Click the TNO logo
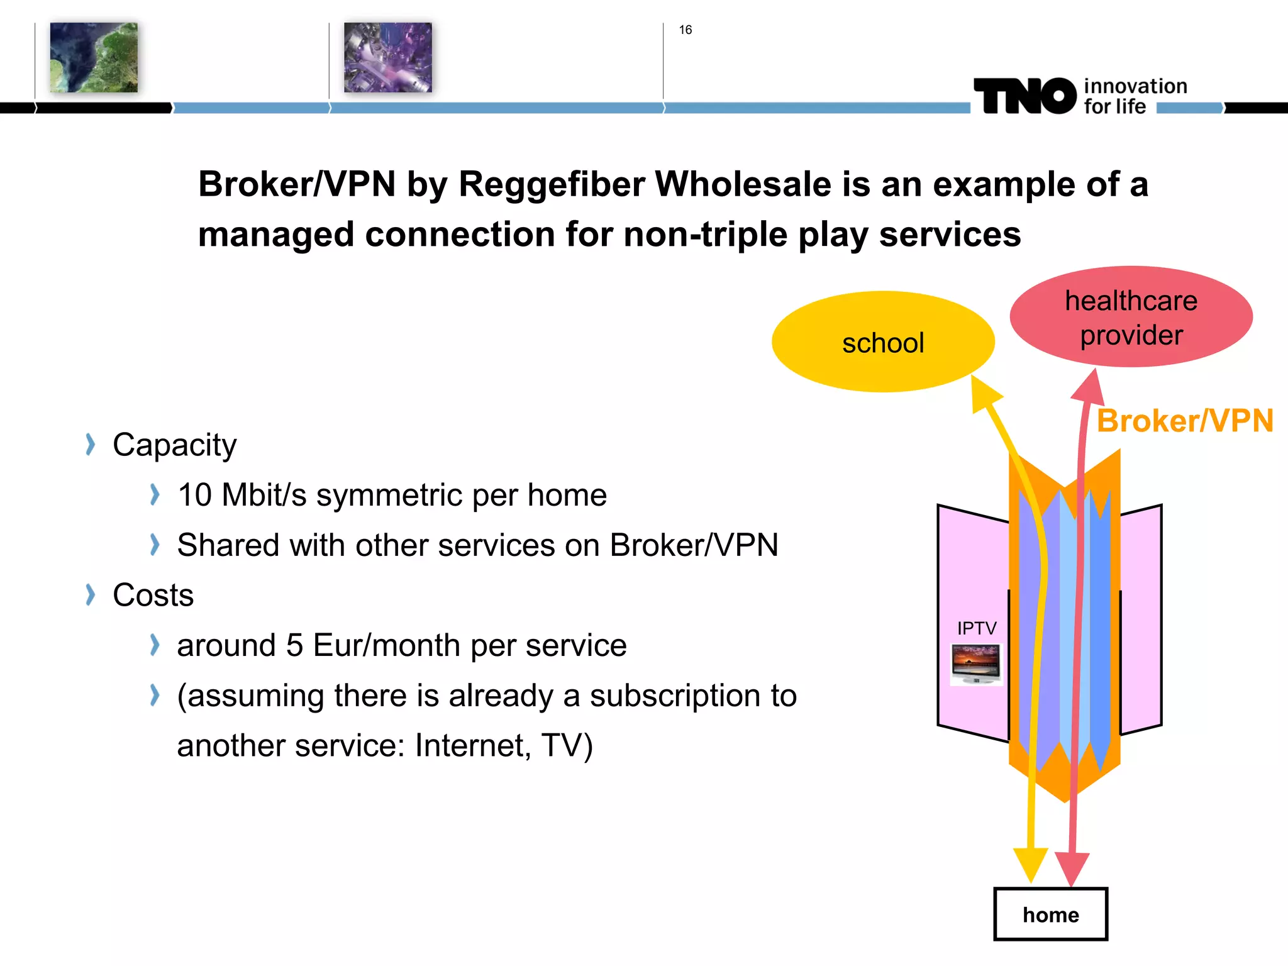(1025, 96)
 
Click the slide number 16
(685, 30)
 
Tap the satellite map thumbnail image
(94, 57)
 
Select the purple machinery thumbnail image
(387, 57)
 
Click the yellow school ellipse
(882, 341)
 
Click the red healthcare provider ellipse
(1131, 317)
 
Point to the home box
(1050, 914)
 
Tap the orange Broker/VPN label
(1185, 421)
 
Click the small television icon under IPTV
(975, 664)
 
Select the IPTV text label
(977, 628)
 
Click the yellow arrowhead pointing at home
(1030, 865)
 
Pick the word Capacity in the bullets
(174, 445)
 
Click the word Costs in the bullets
(153, 595)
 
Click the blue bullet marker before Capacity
(91, 445)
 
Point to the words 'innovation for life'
(1134, 96)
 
